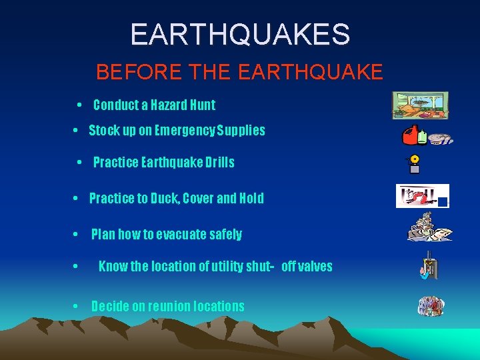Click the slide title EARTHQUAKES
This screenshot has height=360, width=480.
coord(240,35)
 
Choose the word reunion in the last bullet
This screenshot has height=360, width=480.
coord(165,306)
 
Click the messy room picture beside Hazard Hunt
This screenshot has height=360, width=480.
coord(419,105)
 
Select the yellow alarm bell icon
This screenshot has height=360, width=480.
coord(415,160)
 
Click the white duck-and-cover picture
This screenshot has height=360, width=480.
coord(422,196)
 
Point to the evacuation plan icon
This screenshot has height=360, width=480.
coord(429,228)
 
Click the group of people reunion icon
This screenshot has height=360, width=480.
coord(431,306)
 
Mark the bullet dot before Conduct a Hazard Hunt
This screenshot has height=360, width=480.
coord(79,105)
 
